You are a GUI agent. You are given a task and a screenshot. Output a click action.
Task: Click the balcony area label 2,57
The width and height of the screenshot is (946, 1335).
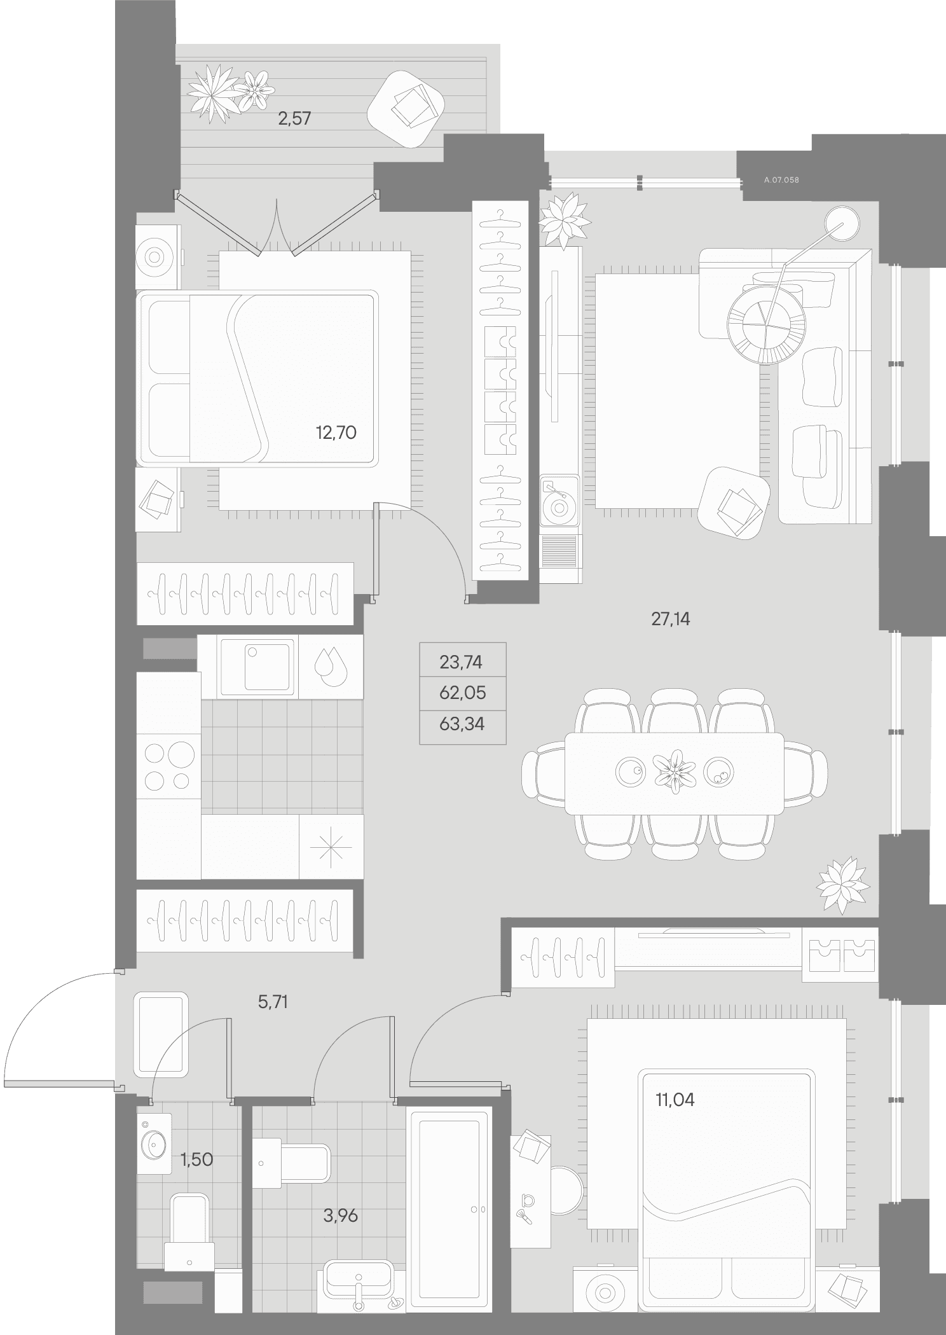click(x=294, y=118)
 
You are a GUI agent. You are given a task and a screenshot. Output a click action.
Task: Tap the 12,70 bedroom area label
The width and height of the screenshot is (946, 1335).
click(x=336, y=433)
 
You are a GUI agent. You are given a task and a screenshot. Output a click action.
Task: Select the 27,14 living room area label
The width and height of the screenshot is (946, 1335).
click(x=670, y=619)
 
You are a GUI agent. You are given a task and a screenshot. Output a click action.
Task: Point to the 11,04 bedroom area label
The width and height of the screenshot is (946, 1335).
click(x=675, y=1099)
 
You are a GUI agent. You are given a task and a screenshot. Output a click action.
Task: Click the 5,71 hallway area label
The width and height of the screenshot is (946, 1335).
click(x=273, y=1003)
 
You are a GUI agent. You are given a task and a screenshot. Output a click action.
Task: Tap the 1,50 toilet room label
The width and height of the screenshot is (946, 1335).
click(x=196, y=1159)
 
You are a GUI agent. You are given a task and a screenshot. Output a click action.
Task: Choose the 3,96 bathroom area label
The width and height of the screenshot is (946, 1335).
click(x=340, y=1215)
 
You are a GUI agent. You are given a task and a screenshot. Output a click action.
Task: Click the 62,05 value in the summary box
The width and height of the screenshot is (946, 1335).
click(x=462, y=693)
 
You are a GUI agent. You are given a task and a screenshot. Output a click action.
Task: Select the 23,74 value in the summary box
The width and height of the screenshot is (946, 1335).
click(x=461, y=662)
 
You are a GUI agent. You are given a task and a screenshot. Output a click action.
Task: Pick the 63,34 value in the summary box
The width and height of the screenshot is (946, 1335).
click(x=462, y=724)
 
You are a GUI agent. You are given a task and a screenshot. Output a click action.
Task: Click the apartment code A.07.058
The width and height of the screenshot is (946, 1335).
click(x=781, y=180)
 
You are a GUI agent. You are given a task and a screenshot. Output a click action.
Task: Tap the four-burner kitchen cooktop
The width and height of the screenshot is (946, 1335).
click(x=168, y=766)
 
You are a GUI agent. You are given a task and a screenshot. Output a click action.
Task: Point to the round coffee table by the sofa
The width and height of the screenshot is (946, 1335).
click(x=767, y=326)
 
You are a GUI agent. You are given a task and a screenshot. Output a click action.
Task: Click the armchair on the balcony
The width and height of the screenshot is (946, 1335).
click(x=406, y=108)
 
